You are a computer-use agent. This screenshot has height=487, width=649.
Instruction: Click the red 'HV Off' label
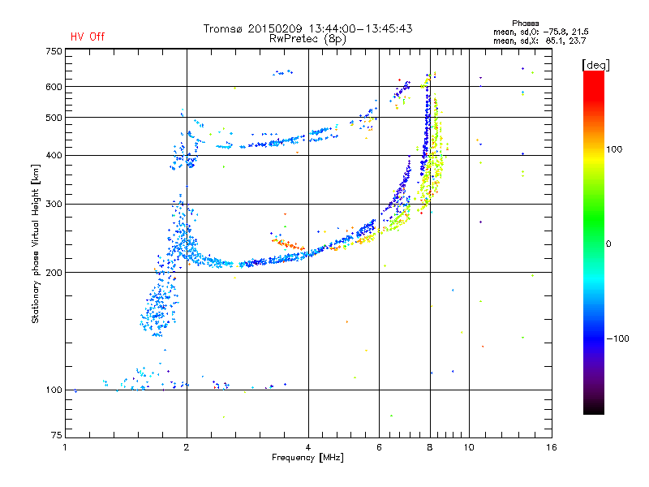click(88, 37)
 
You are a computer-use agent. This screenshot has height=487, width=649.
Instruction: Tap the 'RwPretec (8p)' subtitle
click(307, 39)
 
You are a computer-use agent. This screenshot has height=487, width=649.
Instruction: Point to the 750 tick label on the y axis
click(54, 51)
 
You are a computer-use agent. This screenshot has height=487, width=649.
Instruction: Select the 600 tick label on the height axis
click(54, 87)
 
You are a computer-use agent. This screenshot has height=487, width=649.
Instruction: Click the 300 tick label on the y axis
click(54, 205)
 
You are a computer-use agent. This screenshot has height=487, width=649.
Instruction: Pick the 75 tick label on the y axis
click(57, 435)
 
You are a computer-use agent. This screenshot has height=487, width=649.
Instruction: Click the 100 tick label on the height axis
click(54, 390)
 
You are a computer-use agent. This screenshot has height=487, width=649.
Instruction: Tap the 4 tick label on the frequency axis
click(308, 448)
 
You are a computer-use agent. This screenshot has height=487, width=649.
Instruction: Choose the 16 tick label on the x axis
click(552, 448)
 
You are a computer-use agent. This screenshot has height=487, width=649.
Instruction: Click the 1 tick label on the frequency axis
click(65, 448)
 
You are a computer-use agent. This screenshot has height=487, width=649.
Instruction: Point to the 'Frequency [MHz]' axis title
click(307, 458)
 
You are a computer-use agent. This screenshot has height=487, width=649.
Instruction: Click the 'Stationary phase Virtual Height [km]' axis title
click(36, 244)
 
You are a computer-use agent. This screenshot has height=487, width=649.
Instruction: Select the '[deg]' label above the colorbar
click(595, 65)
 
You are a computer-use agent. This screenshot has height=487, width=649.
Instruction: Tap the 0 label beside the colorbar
click(608, 244)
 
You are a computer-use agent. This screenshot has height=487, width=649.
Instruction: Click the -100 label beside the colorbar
click(617, 338)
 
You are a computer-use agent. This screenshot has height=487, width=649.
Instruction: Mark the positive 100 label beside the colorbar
click(614, 149)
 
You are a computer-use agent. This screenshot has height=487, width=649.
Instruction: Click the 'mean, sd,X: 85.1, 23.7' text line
click(539, 41)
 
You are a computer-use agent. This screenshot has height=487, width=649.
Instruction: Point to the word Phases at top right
click(525, 24)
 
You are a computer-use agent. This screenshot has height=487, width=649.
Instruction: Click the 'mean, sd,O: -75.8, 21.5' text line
click(541, 32)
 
